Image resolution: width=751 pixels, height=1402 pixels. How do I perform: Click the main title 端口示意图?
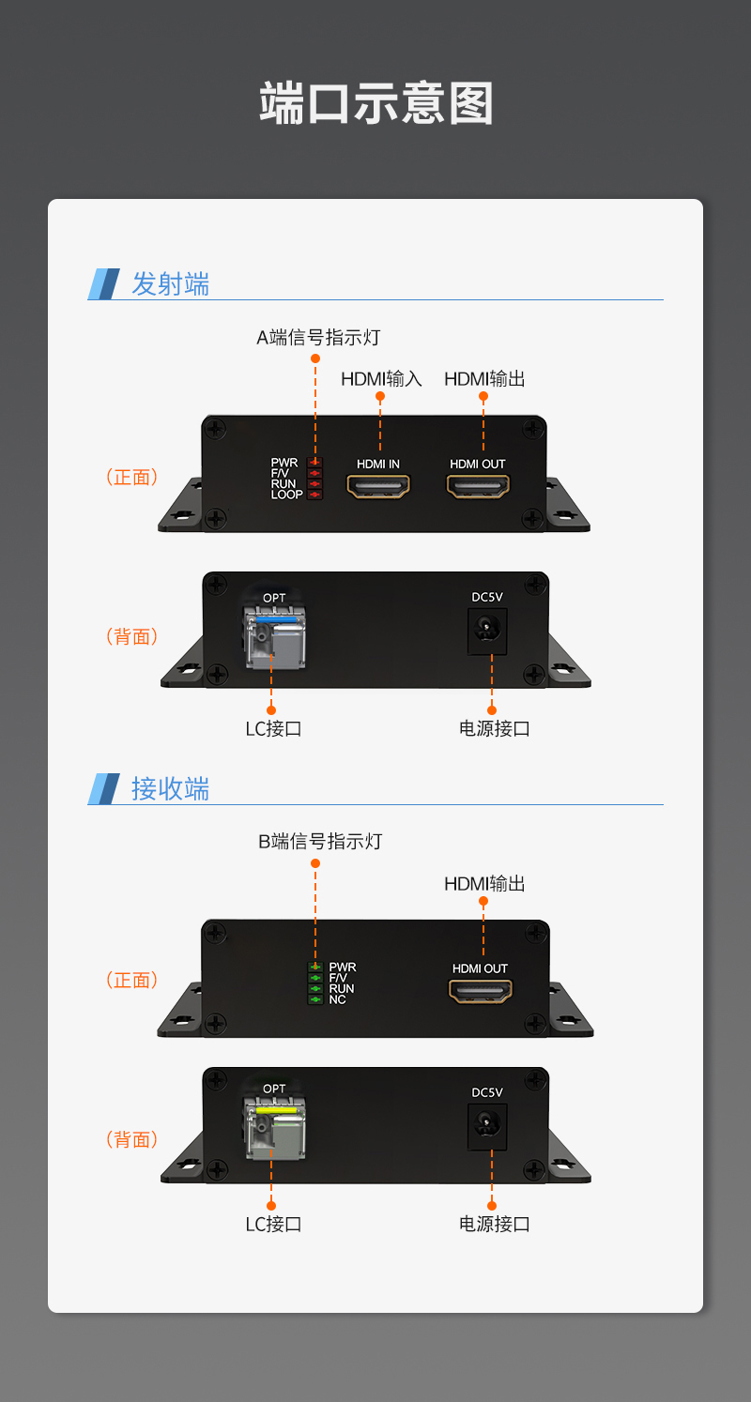pyautogui.click(x=375, y=103)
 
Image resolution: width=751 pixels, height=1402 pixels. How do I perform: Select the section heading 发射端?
pyautogui.click(x=170, y=283)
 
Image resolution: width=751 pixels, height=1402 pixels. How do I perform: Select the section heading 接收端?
pyautogui.click(x=170, y=788)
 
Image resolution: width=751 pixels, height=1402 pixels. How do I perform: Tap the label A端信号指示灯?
pyautogui.click(x=318, y=338)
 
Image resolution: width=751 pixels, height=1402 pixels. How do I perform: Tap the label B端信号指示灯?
pyautogui.click(x=320, y=842)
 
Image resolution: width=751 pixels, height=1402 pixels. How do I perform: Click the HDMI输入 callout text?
pyautogui.click(x=381, y=379)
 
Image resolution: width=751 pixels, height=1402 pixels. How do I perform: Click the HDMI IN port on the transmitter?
pyautogui.click(x=379, y=486)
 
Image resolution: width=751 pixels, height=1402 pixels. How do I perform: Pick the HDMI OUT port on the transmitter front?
pyautogui.click(x=478, y=486)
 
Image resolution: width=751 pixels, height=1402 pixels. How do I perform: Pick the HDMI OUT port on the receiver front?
pyautogui.click(x=480, y=990)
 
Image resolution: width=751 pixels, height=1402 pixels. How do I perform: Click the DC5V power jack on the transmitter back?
pyautogui.click(x=487, y=631)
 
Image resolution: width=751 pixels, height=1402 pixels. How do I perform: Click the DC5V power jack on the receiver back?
pyautogui.click(x=487, y=1124)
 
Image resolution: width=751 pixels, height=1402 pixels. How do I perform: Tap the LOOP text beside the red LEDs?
pyautogui.click(x=286, y=495)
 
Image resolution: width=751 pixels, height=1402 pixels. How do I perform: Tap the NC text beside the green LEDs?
pyautogui.click(x=338, y=1000)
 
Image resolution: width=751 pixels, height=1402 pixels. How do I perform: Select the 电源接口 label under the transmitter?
pyautogui.click(x=495, y=729)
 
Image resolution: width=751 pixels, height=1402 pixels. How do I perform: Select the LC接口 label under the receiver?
pyautogui.click(x=273, y=1225)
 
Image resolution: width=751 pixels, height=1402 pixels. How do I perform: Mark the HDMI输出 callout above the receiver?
pyautogui.click(x=484, y=884)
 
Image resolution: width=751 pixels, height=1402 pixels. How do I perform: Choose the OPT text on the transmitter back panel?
pyautogui.click(x=274, y=598)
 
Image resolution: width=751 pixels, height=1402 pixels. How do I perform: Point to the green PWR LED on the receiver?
pyautogui.click(x=316, y=967)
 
